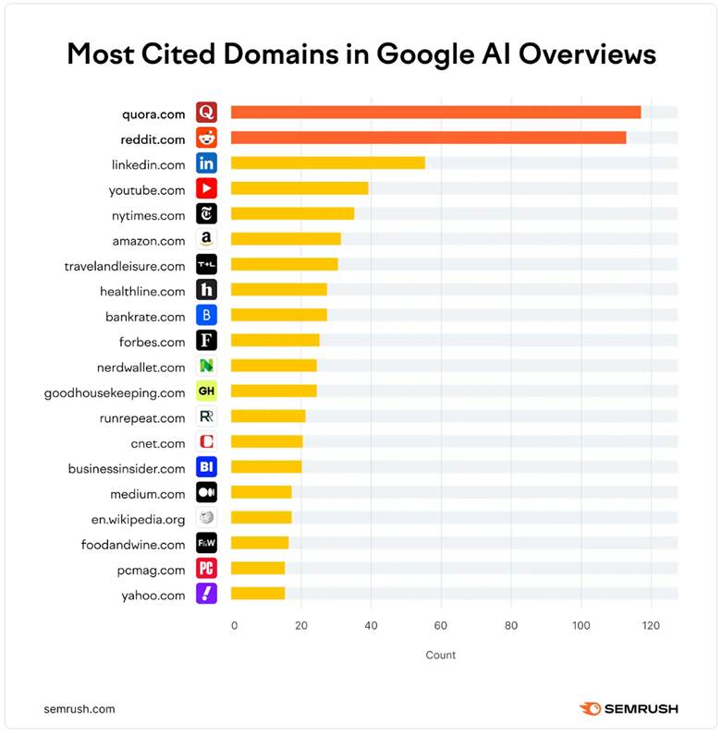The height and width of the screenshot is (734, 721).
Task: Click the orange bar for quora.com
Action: click(x=435, y=113)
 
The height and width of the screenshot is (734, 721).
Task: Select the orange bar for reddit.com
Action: click(x=428, y=138)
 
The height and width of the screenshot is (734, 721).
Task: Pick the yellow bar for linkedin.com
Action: click(x=327, y=163)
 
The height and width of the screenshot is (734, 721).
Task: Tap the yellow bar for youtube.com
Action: click(x=299, y=188)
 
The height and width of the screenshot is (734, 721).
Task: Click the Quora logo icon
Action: click(x=206, y=113)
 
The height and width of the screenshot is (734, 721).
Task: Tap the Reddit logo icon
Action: click(x=206, y=138)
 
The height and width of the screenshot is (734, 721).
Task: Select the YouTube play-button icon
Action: click(x=206, y=188)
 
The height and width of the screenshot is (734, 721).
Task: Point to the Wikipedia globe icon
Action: click(x=206, y=517)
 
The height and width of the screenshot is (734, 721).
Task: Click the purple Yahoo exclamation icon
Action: click(x=206, y=594)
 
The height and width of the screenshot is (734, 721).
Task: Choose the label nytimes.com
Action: click(x=149, y=214)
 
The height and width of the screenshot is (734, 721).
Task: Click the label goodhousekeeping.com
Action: click(x=115, y=392)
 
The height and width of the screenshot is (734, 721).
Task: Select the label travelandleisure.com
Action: click(x=125, y=266)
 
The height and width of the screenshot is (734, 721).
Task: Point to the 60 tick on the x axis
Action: click(x=441, y=625)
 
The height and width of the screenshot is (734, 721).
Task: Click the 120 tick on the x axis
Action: click(x=651, y=625)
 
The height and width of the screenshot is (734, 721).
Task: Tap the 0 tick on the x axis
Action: click(x=234, y=625)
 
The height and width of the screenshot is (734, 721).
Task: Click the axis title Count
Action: click(x=441, y=655)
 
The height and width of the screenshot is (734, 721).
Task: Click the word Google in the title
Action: click(x=424, y=54)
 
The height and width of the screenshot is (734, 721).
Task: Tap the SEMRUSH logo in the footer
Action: click(x=629, y=708)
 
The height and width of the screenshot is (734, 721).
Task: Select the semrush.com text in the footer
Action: click(x=79, y=708)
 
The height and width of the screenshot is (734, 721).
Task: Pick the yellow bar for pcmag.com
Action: click(x=258, y=568)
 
